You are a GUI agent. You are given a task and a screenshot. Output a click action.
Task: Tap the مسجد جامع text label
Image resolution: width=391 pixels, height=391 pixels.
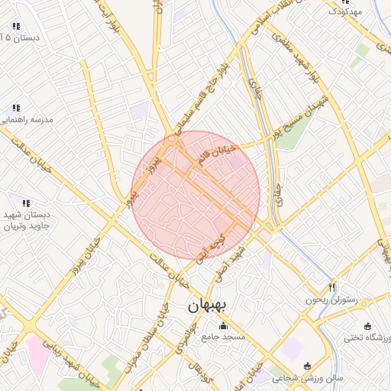(x=223, y=337)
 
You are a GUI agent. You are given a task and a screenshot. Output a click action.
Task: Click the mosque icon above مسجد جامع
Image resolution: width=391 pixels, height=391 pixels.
(x=223, y=326)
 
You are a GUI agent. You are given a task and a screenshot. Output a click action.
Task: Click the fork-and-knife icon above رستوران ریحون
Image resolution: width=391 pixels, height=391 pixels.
(x=331, y=288)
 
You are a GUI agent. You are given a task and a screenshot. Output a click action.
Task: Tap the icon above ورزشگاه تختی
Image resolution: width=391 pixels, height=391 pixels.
(x=369, y=326)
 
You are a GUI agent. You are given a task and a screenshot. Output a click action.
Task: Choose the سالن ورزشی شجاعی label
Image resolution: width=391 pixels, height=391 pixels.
(x=307, y=378)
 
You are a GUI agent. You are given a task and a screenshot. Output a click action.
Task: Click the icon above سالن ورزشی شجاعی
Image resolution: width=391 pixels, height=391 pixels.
(x=308, y=367)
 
